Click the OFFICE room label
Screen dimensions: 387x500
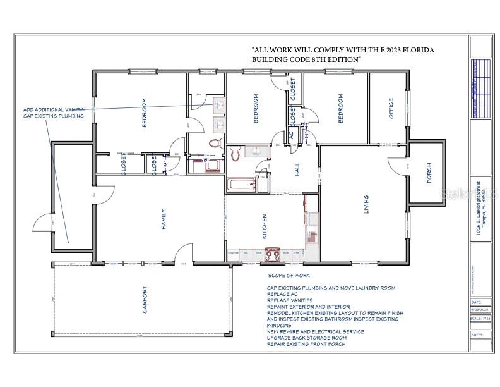[391, 108]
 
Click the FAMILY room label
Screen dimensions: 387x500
[163, 219]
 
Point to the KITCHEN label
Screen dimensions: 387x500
[264, 224]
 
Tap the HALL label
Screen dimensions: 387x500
[297, 169]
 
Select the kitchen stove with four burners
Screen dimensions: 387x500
[272, 254]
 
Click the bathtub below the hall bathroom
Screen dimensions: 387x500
[241, 185]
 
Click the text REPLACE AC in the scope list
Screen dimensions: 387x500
[285, 294]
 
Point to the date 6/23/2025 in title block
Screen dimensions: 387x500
[480, 310]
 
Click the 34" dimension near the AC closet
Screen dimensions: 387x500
[307, 135]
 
